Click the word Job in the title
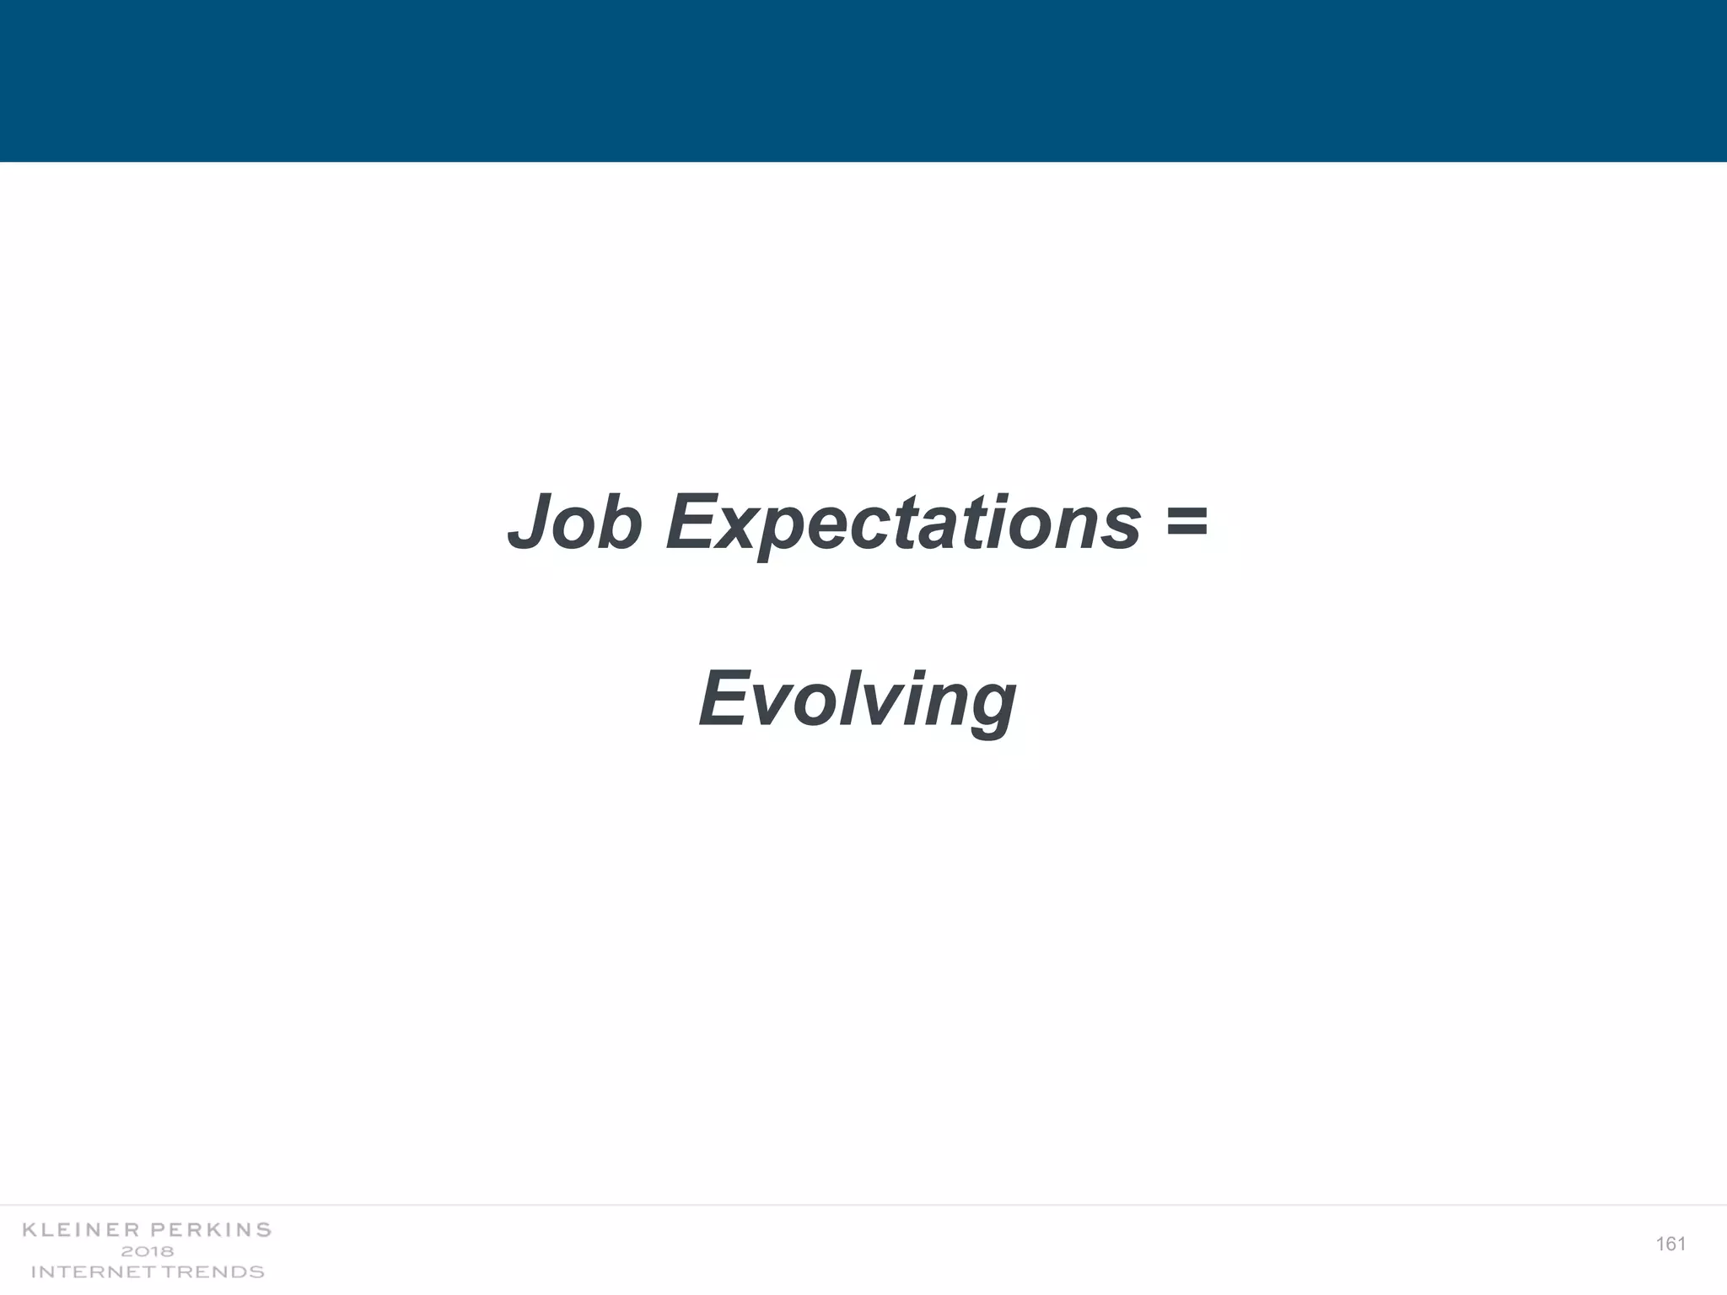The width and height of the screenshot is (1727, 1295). [575, 523]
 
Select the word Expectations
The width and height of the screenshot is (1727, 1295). [903, 524]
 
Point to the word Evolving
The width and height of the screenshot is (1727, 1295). [858, 700]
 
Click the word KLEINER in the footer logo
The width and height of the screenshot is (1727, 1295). [78, 1230]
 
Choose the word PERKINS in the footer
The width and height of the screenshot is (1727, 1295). [211, 1230]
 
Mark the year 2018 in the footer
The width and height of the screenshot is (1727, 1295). [148, 1251]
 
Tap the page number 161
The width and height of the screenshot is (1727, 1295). [1671, 1244]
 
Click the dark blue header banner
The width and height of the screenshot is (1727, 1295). [863, 80]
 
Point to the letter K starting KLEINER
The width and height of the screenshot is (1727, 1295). [29, 1230]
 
